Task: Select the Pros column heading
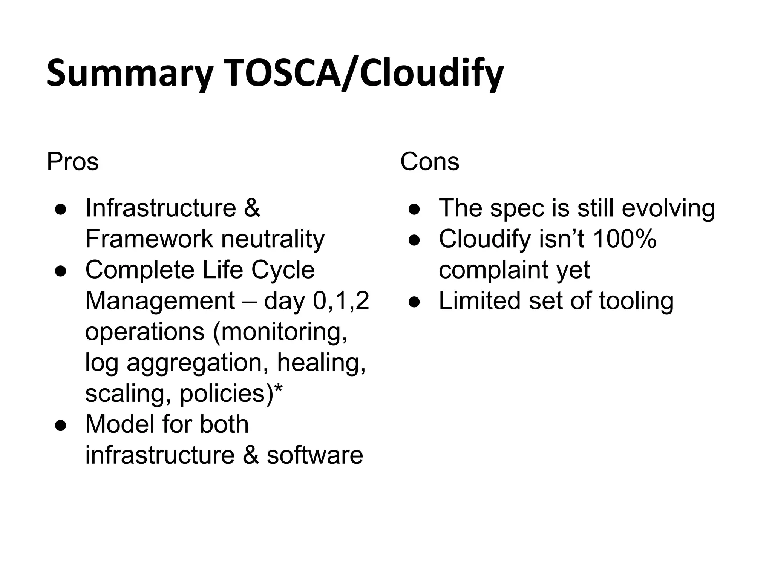tap(72, 162)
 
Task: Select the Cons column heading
tap(429, 162)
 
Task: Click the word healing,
tap(321, 363)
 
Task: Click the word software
tap(315, 455)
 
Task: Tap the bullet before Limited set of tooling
tap(414, 301)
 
